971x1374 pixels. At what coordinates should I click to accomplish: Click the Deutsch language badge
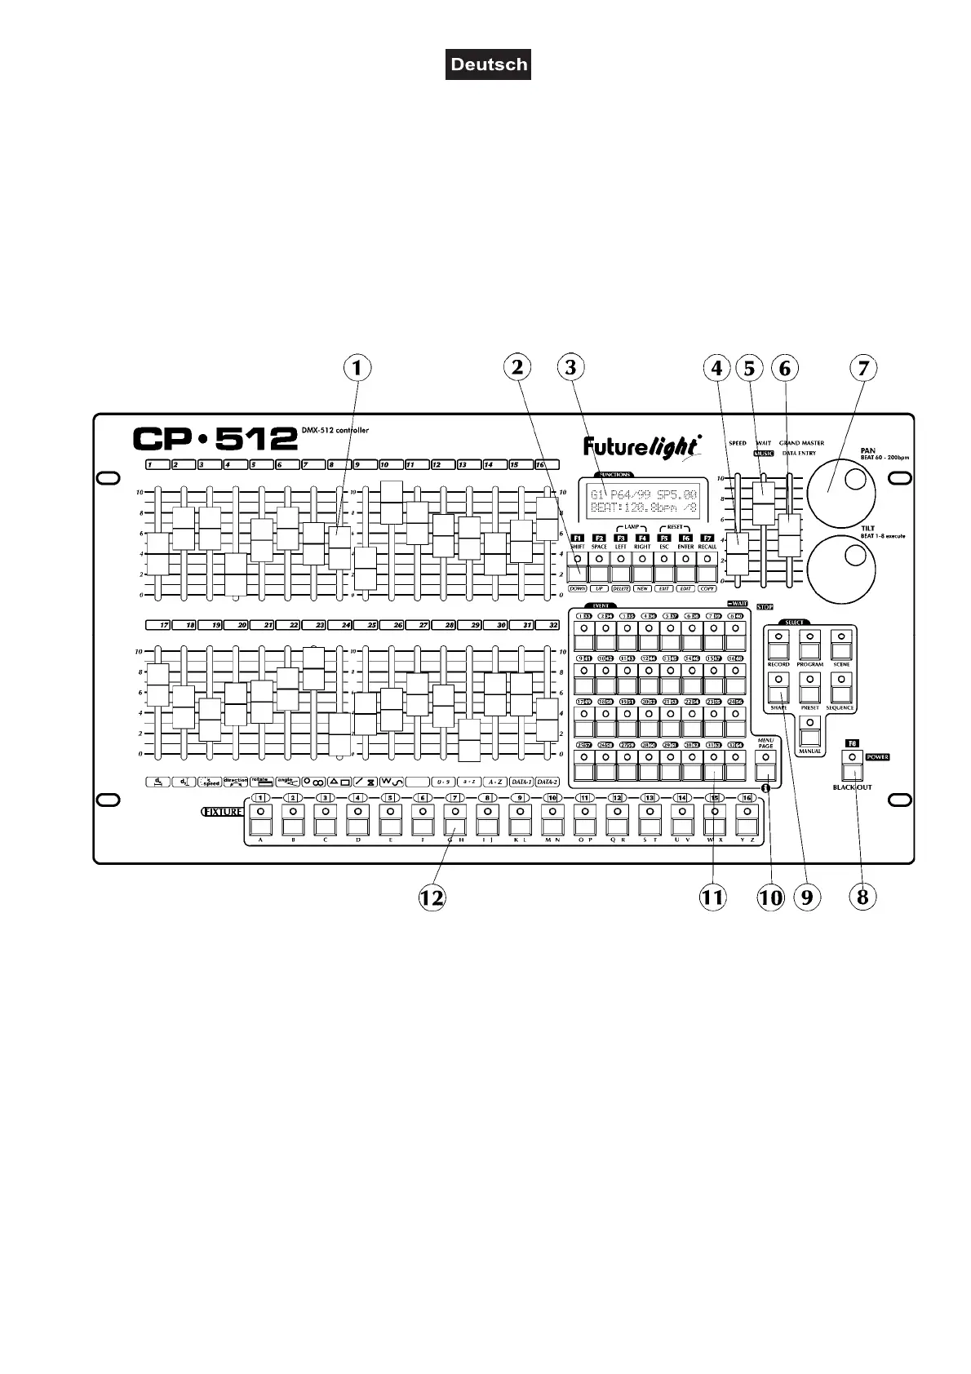tap(488, 64)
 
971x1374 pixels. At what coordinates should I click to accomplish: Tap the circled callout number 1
tap(357, 368)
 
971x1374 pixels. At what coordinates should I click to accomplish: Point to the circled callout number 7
tap(862, 368)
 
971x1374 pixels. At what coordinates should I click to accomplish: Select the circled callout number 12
tap(432, 898)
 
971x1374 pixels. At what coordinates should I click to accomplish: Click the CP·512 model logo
tap(215, 439)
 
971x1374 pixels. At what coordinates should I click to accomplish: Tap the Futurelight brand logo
tap(642, 446)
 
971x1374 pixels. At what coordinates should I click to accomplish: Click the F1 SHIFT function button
tap(578, 570)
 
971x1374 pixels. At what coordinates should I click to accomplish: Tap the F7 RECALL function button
tap(707, 570)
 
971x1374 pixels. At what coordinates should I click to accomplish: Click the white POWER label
tap(878, 756)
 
